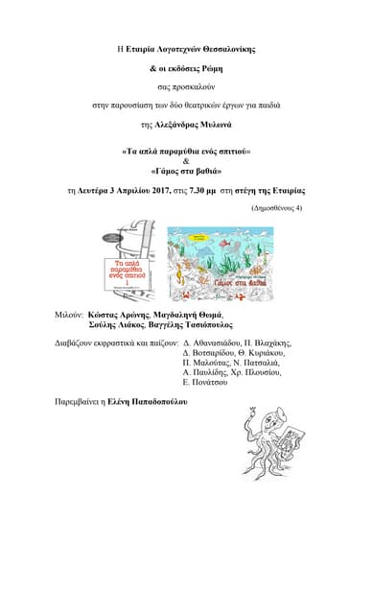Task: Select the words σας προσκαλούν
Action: tap(186, 85)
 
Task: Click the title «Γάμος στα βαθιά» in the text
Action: tap(186, 172)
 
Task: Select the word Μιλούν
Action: tap(69, 314)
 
